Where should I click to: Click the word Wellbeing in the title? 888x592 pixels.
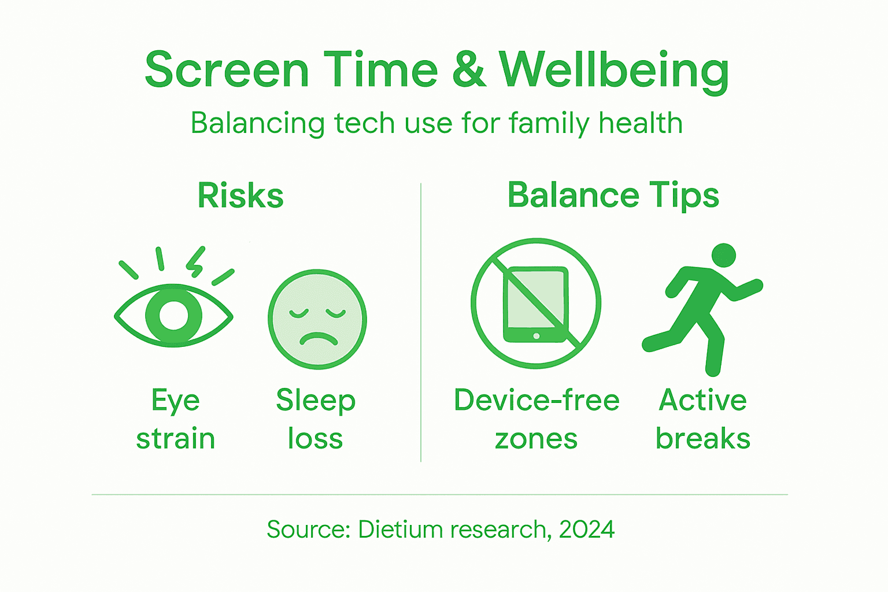click(613, 71)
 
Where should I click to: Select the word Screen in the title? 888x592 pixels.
click(227, 71)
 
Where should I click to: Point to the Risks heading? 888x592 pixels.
click(240, 195)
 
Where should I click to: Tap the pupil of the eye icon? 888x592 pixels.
click(174, 315)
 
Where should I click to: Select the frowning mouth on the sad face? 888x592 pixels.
click(317, 338)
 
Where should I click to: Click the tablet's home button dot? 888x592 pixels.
click(536, 336)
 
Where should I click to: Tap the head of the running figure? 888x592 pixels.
click(723, 255)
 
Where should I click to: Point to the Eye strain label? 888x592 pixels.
click(176, 419)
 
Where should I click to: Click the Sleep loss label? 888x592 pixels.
click(316, 419)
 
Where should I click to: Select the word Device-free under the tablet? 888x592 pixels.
click(536, 400)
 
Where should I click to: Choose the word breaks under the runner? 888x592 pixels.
click(702, 438)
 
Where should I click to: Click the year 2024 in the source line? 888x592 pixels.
click(586, 529)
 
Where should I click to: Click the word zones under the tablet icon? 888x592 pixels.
click(536, 439)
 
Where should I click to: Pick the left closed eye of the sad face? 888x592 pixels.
click(299, 314)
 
